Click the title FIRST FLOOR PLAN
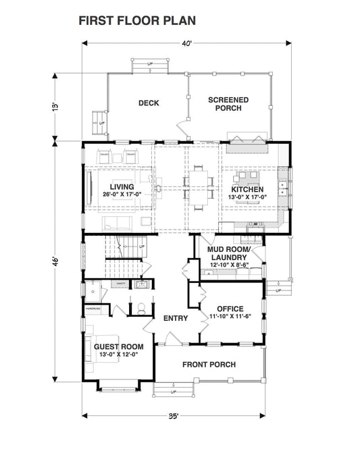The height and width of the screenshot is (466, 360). tap(137, 21)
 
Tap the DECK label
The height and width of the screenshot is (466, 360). tap(148, 103)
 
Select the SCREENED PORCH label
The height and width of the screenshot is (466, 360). tap(228, 104)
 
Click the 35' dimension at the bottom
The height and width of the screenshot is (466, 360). tap(174, 417)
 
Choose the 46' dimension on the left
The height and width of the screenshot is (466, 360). tap(59, 261)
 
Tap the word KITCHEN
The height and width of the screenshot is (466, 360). tap(248, 189)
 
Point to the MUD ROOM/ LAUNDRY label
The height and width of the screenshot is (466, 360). tap(228, 255)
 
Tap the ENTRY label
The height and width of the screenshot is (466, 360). tap(175, 319)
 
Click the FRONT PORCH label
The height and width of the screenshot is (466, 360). tap(209, 365)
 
